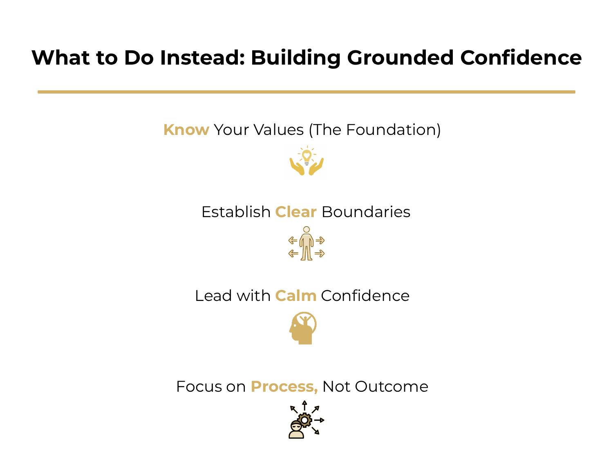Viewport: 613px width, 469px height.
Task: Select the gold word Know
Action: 186,130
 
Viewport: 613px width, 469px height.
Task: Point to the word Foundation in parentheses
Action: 390,130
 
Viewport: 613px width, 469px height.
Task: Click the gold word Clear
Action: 296,212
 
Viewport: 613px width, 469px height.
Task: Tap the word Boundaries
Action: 366,212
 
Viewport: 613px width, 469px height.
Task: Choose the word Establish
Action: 236,212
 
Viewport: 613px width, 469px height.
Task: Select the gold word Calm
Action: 296,296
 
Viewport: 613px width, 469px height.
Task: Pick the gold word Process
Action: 284,387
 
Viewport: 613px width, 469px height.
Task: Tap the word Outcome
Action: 391,387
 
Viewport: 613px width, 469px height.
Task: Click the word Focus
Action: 199,387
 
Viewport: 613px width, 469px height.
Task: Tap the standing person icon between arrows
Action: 306,244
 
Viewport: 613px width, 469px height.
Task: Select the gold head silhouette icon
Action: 303,328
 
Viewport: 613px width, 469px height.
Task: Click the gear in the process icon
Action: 304,420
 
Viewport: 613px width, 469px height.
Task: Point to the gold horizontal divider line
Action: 306,92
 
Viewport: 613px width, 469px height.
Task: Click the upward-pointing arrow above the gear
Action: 305,405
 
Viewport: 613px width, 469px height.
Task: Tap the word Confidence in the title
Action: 521,58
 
